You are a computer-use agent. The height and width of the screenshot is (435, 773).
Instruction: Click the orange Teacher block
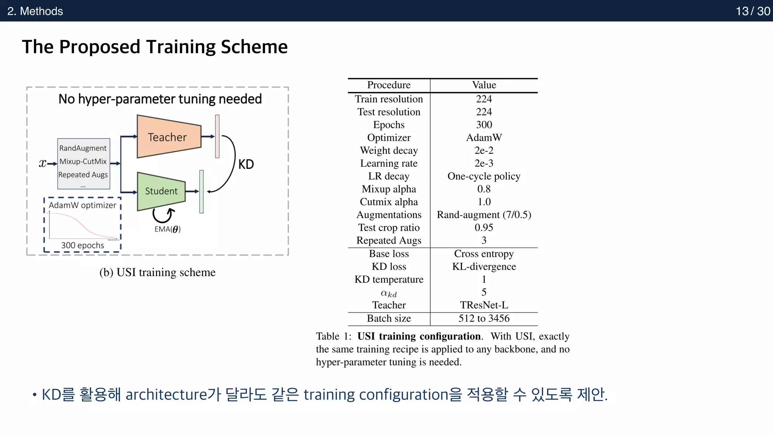(168, 137)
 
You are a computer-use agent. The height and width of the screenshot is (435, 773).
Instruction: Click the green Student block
(161, 191)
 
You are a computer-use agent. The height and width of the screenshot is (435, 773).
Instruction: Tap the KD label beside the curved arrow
(246, 164)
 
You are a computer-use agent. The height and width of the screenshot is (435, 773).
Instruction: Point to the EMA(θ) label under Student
(167, 229)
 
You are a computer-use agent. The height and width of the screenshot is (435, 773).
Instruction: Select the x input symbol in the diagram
(42, 163)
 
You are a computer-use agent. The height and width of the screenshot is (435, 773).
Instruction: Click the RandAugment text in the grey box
(83, 148)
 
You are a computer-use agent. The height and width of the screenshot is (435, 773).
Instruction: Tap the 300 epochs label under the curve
(83, 245)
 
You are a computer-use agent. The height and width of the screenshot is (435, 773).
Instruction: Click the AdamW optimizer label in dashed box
(82, 205)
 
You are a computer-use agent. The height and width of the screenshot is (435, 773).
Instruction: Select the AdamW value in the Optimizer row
(484, 137)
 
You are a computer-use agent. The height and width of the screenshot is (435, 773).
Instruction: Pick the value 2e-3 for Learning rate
(484, 163)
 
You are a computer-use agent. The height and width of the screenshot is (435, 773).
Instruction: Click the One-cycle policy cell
(484, 176)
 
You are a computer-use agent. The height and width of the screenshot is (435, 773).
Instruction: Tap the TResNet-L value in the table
(484, 305)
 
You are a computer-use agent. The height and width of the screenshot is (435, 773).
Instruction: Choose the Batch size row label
(389, 318)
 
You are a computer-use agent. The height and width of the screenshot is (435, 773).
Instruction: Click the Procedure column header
(389, 85)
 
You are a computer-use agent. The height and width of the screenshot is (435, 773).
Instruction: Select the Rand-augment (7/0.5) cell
(484, 215)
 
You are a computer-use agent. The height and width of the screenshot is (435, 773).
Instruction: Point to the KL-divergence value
(484, 267)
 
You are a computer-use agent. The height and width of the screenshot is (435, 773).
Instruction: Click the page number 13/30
(753, 11)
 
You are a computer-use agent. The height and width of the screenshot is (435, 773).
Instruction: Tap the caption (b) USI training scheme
(157, 272)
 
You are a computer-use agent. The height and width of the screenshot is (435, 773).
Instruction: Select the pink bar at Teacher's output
(217, 136)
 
